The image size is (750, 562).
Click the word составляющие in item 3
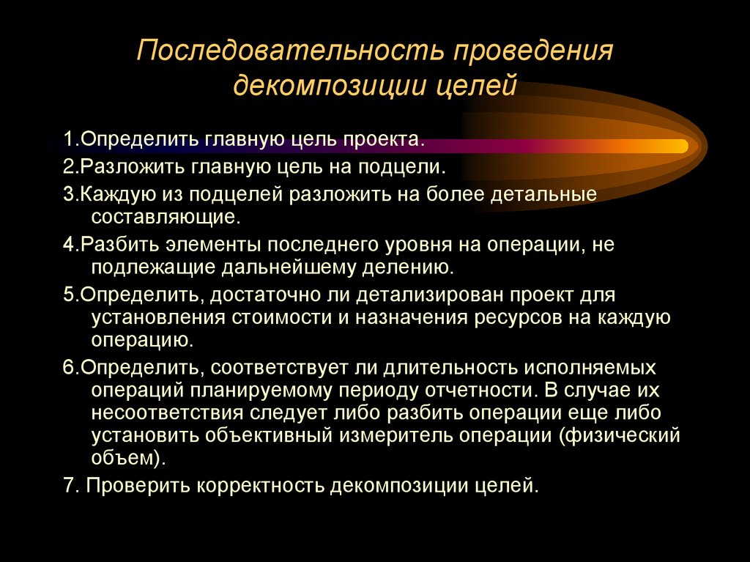166,218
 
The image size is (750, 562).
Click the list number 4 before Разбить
67,245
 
